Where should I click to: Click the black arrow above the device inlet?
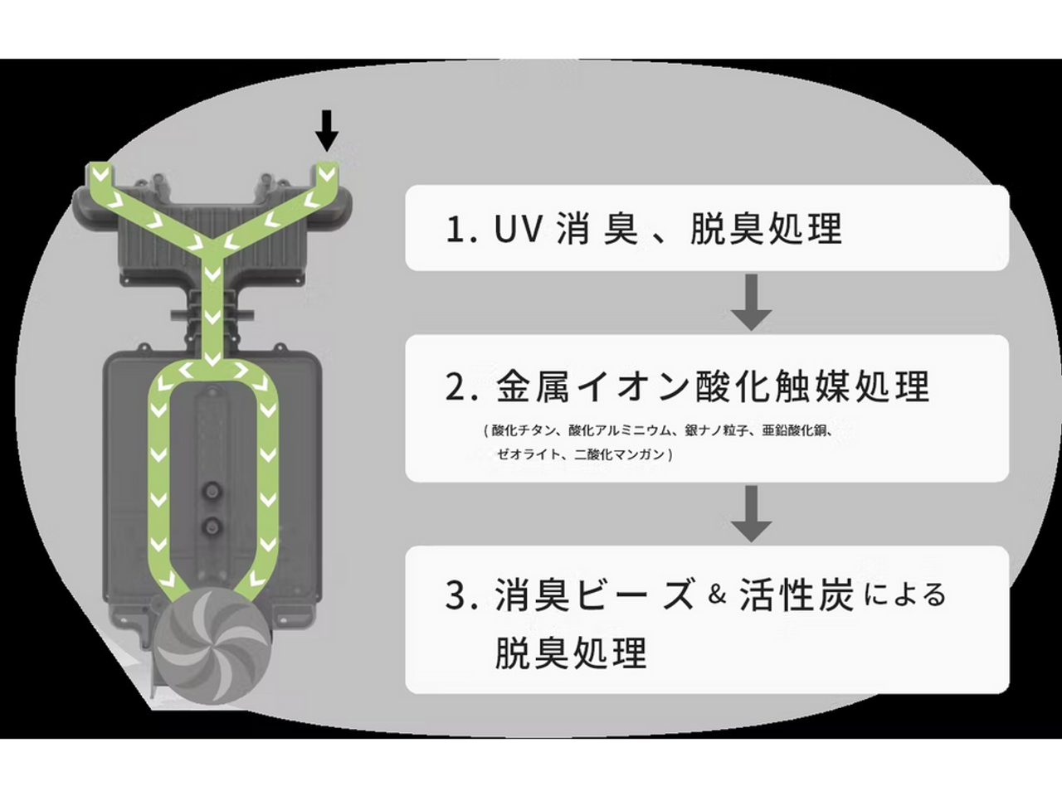(328, 129)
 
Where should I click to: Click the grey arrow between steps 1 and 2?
(752, 303)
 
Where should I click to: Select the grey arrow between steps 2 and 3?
(752, 514)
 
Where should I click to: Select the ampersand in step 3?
(718, 595)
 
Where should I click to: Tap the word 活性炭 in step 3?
(796, 595)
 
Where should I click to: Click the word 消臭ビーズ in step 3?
(594, 595)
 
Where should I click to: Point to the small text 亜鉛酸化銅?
(796, 431)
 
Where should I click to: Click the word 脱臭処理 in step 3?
(571, 653)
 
